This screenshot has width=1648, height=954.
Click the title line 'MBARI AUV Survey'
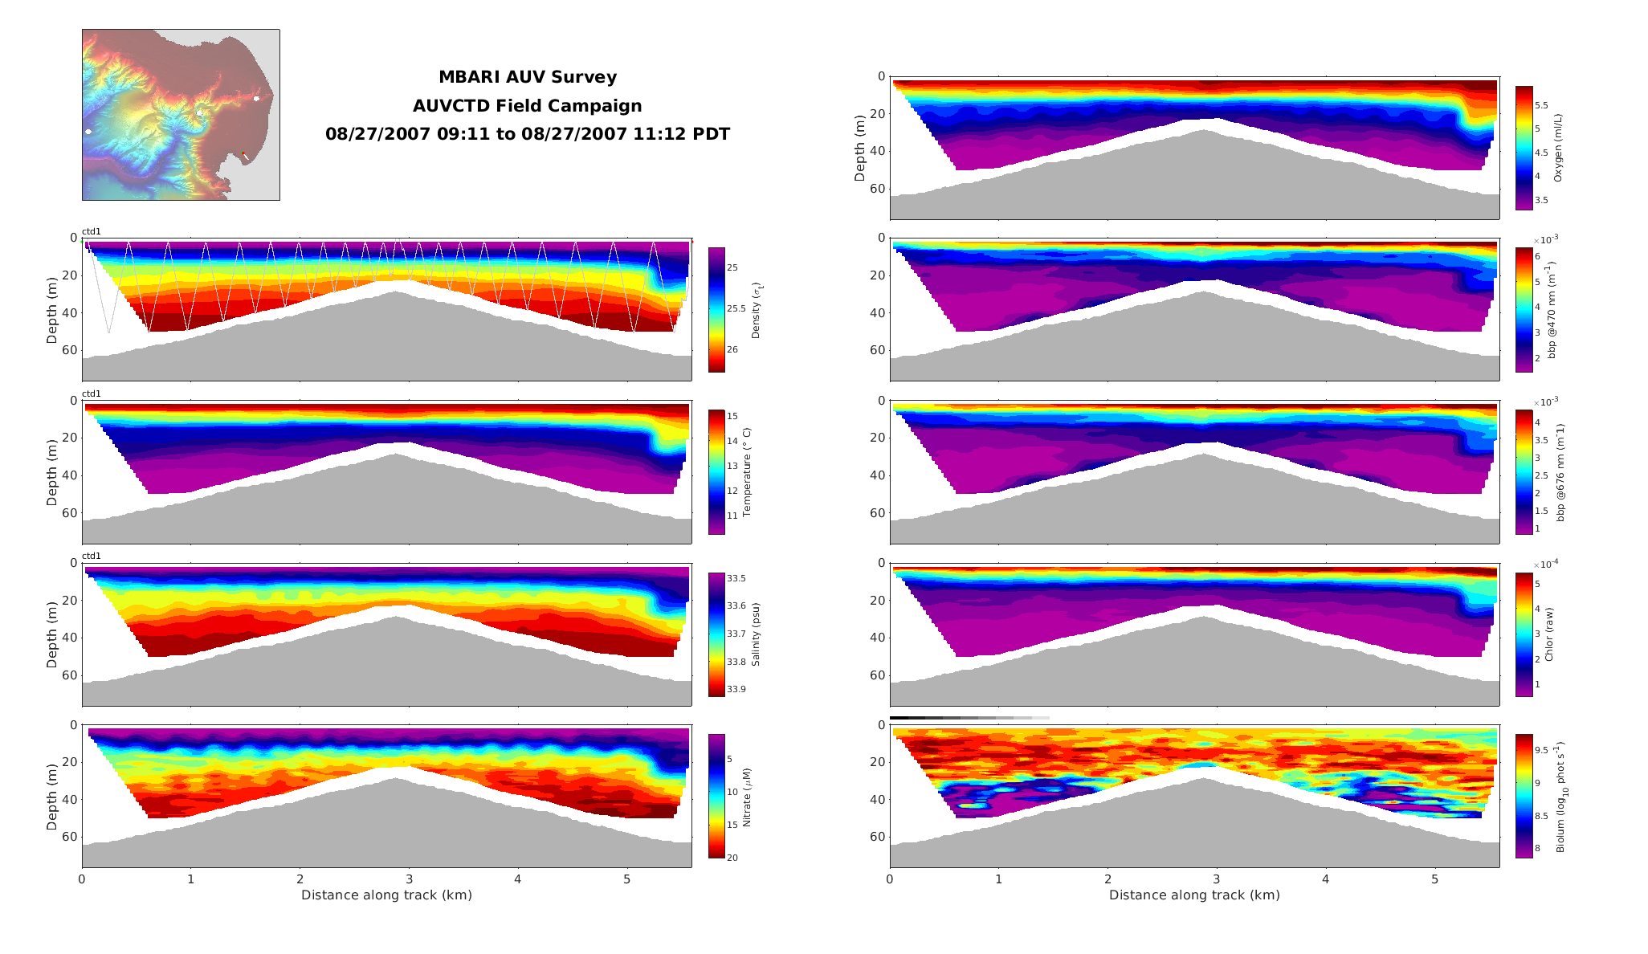(x=527, y=77)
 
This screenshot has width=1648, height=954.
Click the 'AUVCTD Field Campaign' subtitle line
(x=527, y=106)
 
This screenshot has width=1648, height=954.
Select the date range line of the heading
(x=527, y=134)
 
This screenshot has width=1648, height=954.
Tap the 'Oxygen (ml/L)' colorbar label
(x=1557, y=148)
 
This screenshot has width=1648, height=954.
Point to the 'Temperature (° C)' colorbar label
(x=746, y=472)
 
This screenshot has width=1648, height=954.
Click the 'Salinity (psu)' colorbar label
(x=755, y=634)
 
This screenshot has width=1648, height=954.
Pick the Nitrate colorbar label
(x=746, y=797)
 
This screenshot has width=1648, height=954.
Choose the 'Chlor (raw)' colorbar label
(x=1548, y=634)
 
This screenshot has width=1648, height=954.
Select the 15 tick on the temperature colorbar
(x=732, y=416)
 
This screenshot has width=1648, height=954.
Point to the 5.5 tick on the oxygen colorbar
(x=1541, y=105)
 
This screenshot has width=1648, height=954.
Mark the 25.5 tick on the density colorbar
(x=735, y=308)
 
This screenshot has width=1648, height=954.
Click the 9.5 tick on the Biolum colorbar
(x=1541, y=750)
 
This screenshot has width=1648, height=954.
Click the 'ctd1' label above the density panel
(x=92, y=232)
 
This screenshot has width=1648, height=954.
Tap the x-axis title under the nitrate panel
(x=386, y=895)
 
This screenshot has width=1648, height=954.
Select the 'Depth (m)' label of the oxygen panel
(x=860, y=148)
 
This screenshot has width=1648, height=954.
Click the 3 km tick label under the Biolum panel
(x=1217, y=879)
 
